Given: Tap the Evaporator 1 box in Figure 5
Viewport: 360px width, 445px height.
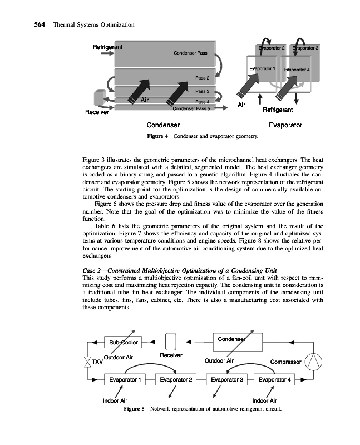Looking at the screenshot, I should (124, 380).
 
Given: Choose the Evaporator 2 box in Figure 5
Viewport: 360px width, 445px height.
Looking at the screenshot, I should (176, 380).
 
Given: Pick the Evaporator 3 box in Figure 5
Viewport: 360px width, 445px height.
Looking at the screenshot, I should (228, 380).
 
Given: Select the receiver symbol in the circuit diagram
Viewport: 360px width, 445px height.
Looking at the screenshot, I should (171, 340).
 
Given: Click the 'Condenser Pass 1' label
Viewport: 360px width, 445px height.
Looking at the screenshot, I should (193, 54).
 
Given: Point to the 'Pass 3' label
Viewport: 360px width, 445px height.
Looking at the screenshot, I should (202, 91).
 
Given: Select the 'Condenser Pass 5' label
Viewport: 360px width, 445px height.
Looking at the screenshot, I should (191, 108).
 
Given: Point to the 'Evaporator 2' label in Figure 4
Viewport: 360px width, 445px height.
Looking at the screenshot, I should (272, 49).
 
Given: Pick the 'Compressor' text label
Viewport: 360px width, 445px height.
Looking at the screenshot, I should (285, 362).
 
